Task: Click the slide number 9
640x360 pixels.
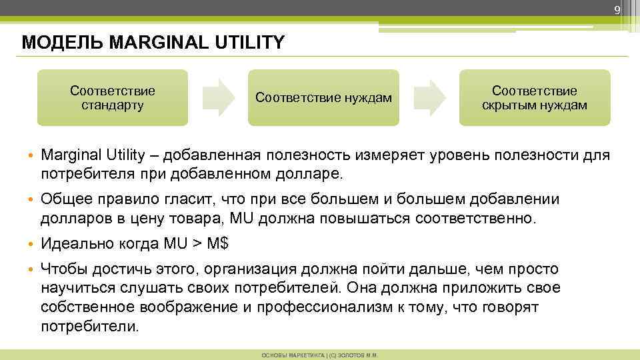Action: pos(617,9)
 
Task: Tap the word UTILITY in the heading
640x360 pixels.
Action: pos(251,43)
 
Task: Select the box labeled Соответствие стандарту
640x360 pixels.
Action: pos(112,97)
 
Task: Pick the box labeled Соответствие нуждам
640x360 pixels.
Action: pos(323,98)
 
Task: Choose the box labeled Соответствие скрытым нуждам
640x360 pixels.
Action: pos(535,97)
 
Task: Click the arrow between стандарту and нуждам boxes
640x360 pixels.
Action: pos(219,97)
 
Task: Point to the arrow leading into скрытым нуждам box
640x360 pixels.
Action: pos(429,97)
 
